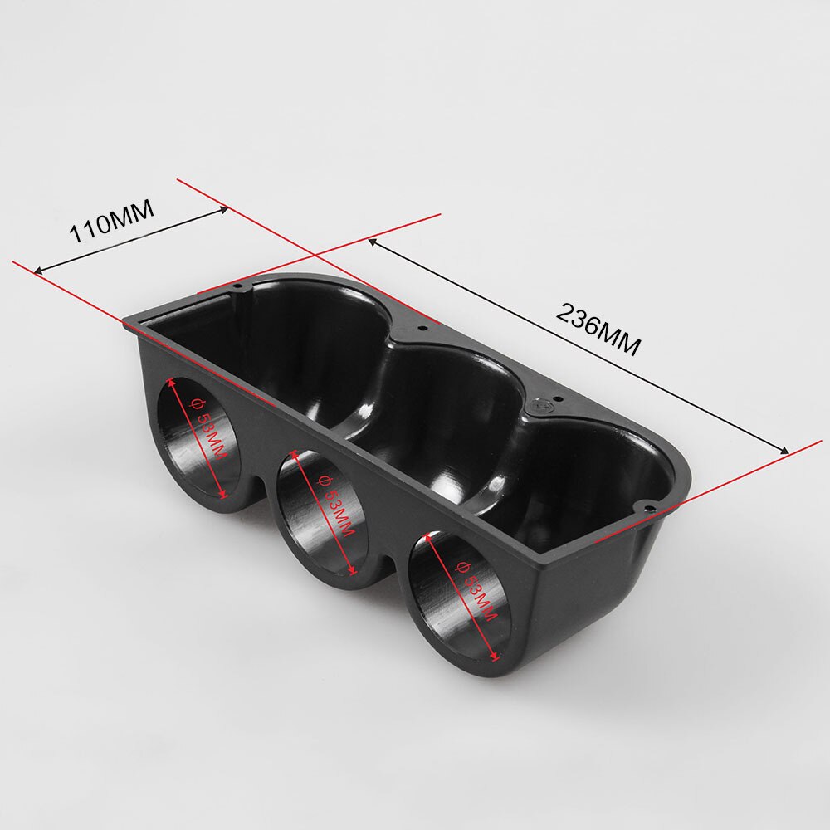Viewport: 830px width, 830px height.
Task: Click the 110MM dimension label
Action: [112, 223]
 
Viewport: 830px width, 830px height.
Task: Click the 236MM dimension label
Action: [598, 329]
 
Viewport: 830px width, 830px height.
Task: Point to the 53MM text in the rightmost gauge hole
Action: [477, 590]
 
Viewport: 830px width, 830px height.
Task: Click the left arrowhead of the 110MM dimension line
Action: [37, 270]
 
